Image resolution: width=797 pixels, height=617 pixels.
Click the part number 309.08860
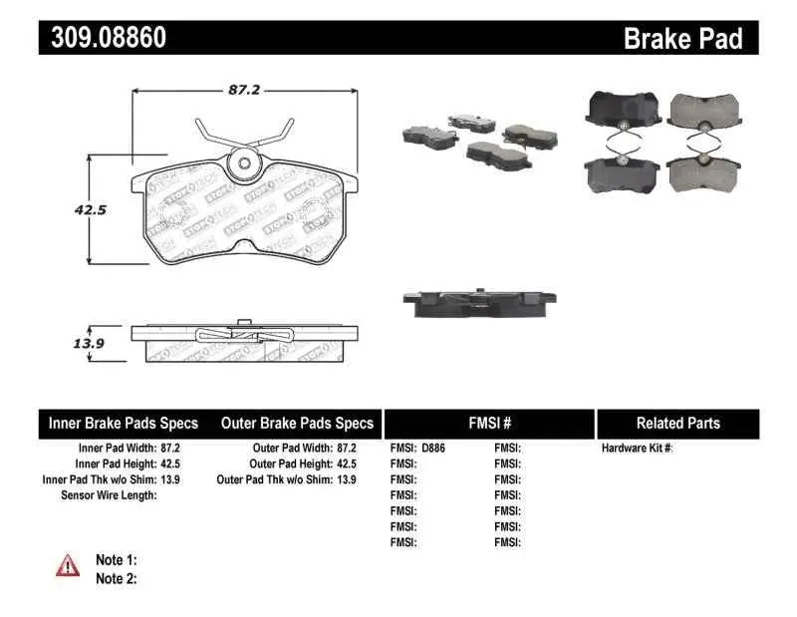(x=103, y=39)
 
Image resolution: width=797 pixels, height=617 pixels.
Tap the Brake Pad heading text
(x=682, y=39)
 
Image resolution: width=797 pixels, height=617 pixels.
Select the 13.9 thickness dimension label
(x=61, y=344)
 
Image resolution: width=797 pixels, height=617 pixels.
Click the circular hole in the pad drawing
(x=242, y=165)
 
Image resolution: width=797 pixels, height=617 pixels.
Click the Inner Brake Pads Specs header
(x=124, y=424)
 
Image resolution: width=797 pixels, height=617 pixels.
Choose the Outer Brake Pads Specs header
(x=297, y=424)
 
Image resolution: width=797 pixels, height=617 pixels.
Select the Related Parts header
(x=677, y=424)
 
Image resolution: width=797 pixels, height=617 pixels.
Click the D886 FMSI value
(x=432, y=449)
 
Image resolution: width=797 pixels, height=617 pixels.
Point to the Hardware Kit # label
(x=638, y=449)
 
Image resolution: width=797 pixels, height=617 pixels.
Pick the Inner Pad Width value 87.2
(x=169, y=449)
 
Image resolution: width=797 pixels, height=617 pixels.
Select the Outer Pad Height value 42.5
(x=345, y=463)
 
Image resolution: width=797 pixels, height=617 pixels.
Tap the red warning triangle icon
(x=68, y=565)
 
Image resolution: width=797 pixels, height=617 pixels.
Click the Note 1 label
(x=116, y=560)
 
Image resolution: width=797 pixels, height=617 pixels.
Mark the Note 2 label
(x=116, y=578)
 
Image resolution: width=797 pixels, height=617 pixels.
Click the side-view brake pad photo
(x=479, y=301)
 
